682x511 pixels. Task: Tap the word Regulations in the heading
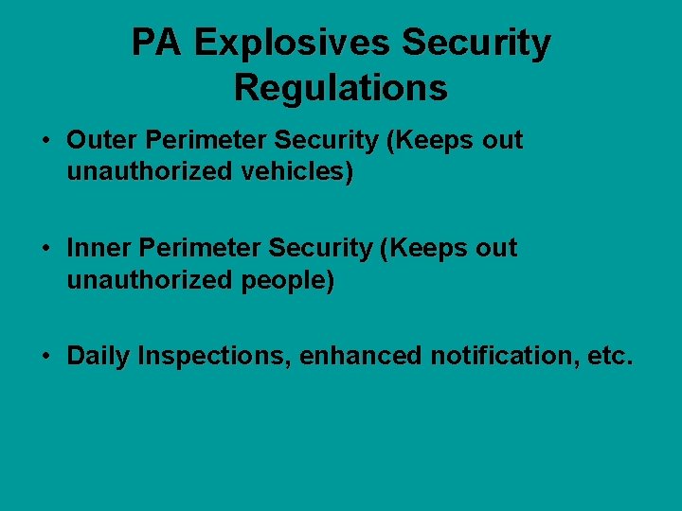tap(340, 88)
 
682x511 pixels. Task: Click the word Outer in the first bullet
tap(99, 141)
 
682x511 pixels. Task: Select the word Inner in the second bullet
tap(99, 249)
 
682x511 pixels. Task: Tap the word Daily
tap(99, 357)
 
